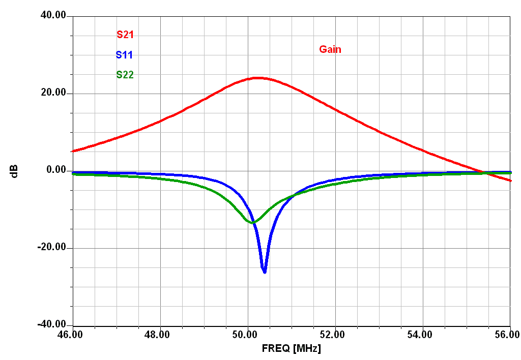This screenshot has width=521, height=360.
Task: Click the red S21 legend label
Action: [125, 35]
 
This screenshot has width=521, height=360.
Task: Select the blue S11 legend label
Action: [124, 55]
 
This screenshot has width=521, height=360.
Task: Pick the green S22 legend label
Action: [125, 75]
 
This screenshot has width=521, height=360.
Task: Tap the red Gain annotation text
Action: [330, 49]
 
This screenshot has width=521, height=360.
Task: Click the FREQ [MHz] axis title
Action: [292, 349]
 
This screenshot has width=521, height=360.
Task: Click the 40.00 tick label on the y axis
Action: [53, 16]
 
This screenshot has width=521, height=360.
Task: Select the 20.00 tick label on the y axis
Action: [53, 93]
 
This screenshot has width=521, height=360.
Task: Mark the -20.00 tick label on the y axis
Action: [51, 248]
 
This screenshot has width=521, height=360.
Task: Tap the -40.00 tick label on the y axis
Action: [51, 325]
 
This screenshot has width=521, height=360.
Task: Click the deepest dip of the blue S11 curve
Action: [265, 272]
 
